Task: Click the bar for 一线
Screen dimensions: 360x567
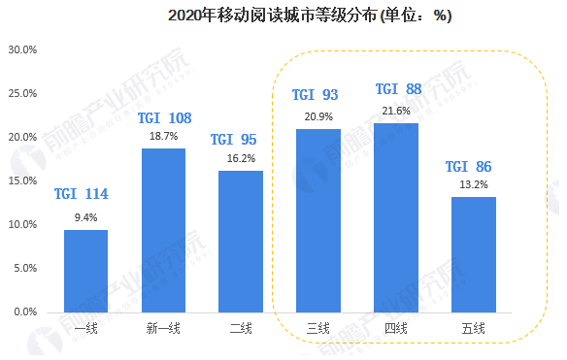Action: (85, 271)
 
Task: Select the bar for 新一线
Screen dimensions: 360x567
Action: (163, 230)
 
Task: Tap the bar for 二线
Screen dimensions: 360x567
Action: (241, 242)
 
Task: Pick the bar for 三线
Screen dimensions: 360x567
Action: (318, 220)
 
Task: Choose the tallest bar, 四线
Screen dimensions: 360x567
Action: (396, 217)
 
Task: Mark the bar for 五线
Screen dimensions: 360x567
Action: (474, 254)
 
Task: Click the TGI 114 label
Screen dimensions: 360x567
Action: (82, 194)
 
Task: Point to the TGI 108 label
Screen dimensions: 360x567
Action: (164, 118)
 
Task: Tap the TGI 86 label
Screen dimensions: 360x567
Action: (470, 167)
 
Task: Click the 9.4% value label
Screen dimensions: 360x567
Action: (85, 217)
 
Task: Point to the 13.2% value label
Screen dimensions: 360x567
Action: (474, 184)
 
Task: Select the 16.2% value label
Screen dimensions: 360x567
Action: (241, 158)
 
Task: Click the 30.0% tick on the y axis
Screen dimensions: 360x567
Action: (22, 49)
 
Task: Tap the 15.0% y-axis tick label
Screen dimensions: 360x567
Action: (22, 181)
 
